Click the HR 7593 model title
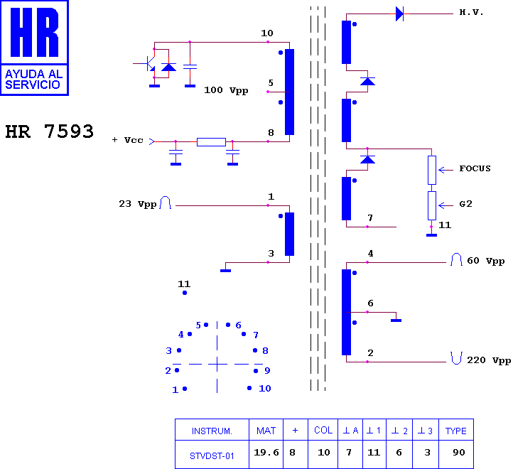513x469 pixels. point(50,131)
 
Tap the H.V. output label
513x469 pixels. point(471,13)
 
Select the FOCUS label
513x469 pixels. point(475,168)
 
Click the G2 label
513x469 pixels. point(465,204)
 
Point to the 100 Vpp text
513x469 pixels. point(226,90)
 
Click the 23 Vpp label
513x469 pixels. point(137,204)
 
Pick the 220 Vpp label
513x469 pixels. point(489,360)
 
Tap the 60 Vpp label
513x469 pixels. point(485,261)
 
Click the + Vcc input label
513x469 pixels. point(128,140)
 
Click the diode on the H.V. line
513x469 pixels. point(399,14)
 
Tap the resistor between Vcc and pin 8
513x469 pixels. point(211,141)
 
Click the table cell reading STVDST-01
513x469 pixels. point(212,456)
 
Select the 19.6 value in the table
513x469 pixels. point(266,453)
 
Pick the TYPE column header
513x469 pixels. point(455,431)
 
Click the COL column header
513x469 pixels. point(323,431)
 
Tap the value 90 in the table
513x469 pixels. point(459,453)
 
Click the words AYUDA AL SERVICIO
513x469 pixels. point(33,80)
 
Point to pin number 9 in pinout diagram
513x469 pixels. point(267,370)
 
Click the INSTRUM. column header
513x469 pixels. point(212,431)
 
